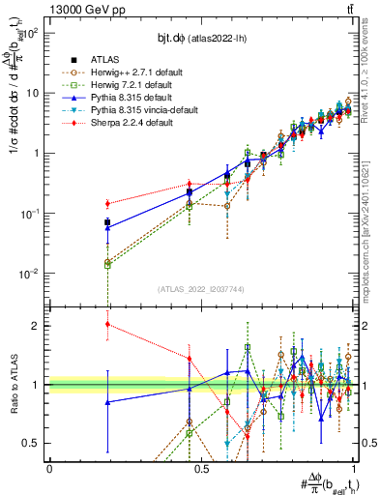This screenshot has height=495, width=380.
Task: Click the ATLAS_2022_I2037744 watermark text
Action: click(x=201, y=289)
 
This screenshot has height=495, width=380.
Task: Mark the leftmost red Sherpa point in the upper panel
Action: click(x=107, y=203)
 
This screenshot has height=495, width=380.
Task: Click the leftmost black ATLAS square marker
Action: click(x=107, y=222)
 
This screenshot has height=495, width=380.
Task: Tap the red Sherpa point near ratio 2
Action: click(x=107, y=325)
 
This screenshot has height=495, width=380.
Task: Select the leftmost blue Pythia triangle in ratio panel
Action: click(x=107, y=402)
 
